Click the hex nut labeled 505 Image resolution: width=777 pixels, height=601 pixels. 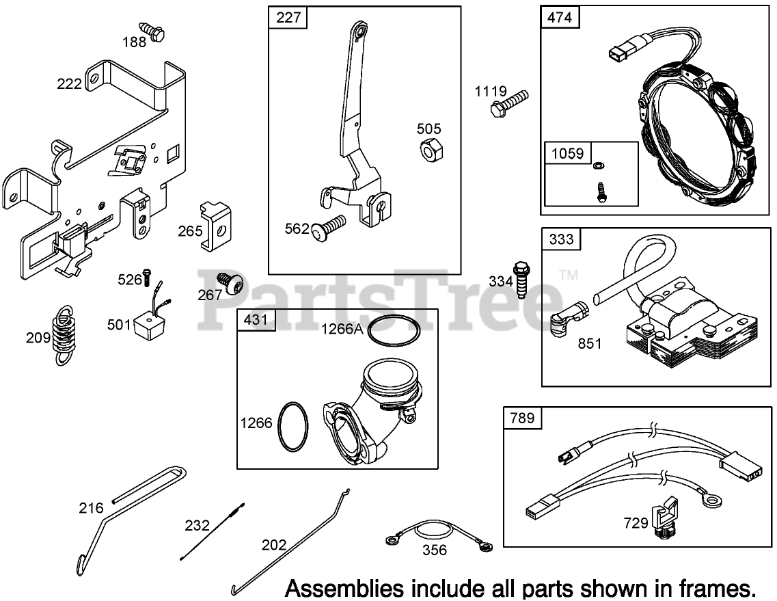click(x=431, y=148)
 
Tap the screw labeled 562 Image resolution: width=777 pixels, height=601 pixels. click(x=328, y=228)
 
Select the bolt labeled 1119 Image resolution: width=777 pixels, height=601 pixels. click(x=509, y=101)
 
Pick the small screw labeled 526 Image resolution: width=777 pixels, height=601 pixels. click(x=146, y=276)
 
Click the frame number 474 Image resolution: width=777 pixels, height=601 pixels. click(x=560, y=18)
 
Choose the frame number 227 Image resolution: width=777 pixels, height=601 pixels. click(x=287, y=18)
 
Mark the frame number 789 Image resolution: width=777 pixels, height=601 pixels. click(x=523, y=418)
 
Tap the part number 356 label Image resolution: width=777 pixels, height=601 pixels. click(x=435, y=550)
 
